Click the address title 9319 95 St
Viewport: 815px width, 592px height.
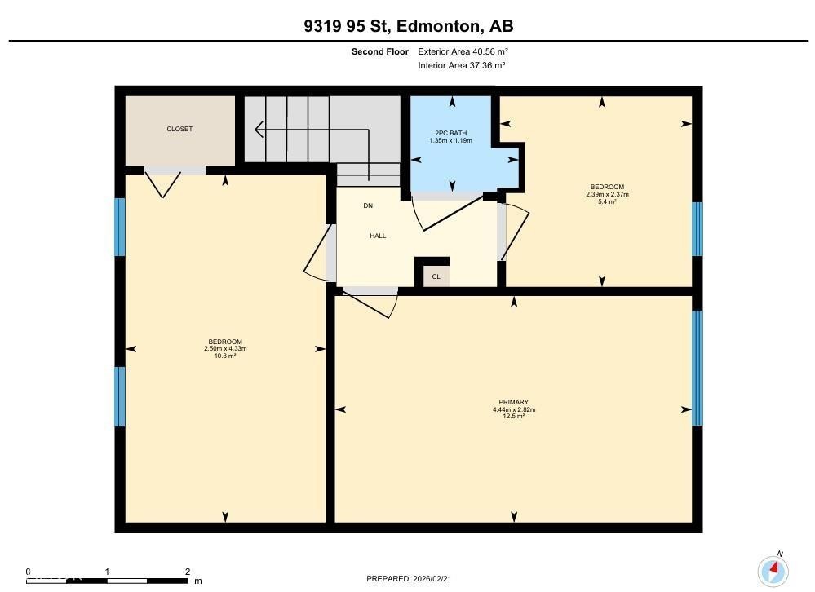[408, 26]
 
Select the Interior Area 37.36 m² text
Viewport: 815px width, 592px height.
[461, 65]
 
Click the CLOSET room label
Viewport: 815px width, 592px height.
[179, 129]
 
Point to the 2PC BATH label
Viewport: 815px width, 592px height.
[450, 133]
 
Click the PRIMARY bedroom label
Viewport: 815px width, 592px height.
[514, 402]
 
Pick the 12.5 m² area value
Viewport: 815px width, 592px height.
[514, 417]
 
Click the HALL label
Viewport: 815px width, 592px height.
[378, 236]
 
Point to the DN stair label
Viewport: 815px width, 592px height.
[368, 205]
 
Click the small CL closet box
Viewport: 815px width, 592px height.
[436, 277]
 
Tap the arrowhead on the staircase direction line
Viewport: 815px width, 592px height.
[259, 129]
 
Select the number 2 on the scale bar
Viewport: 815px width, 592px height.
[188, 572]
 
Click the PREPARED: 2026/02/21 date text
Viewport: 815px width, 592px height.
[411, 579]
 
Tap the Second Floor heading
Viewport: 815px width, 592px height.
[380, 51]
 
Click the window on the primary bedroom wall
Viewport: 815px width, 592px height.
[697, 368]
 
